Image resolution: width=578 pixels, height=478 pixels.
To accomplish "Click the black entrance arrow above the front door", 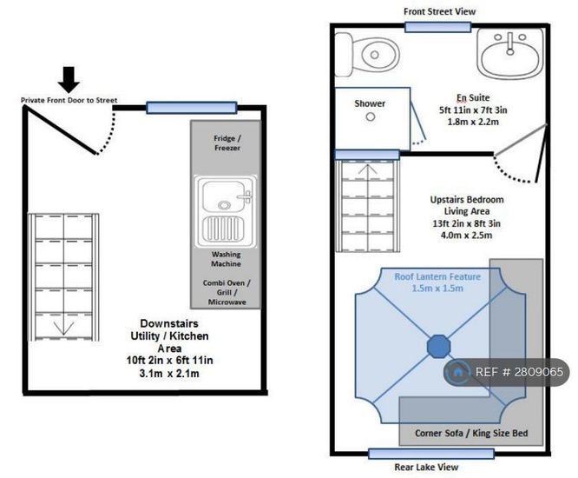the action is point(69,79).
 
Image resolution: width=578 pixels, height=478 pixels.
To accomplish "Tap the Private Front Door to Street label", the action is point(69,100).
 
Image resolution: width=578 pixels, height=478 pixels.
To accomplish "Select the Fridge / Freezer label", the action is point(227,143).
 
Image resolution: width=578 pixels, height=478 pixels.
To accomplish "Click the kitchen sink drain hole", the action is point(224,205).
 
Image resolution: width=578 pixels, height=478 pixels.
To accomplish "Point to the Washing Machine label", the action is point(226,259).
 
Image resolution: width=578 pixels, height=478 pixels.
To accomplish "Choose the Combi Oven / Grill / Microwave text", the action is point(227,292).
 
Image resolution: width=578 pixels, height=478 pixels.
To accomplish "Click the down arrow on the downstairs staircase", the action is point(63,328).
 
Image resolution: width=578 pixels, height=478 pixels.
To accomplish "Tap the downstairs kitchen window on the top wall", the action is point(192,108).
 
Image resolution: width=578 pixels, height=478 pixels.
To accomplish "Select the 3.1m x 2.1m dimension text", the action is point(169,373).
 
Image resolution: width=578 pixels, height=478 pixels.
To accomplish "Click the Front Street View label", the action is point(439,11).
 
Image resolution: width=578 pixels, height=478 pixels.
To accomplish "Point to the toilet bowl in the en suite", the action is point(376,55).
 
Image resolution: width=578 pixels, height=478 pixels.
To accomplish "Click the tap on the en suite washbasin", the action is point(510,43).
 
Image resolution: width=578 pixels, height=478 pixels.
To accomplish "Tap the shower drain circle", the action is point(371,117).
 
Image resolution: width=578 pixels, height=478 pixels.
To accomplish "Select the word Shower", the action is point(370,103).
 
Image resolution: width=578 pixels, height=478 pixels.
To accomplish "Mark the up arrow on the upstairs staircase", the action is point(367,170).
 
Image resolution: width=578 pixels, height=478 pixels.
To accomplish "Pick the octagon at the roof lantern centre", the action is point(438,346).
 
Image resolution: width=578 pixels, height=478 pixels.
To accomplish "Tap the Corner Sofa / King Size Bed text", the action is point(471,433).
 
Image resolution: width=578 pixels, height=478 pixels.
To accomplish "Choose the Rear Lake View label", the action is point(426,467).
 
